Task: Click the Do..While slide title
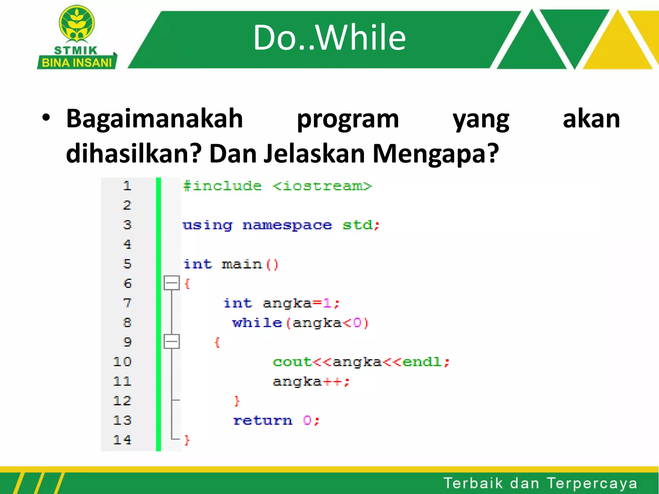(x=329, y=38)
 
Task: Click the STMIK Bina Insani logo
(x=77, y=38)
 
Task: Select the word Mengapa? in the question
(x=435, y=154)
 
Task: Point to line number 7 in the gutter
(x=127, y=303)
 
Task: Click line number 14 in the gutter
(x=123, y=440)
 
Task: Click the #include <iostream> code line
(x=277, y=186)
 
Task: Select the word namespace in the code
(x=287, y=225)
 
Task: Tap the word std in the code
(x=357, y=225)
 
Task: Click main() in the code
(x=250, y=264)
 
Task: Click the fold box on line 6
(x=172, y=283)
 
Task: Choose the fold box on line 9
(x=172, y=341)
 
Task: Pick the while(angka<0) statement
(x=300, y=323)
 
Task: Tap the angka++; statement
(x=311, y=382)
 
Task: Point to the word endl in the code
(x=422, y=362)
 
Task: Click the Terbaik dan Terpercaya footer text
(x=540, y=483)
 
